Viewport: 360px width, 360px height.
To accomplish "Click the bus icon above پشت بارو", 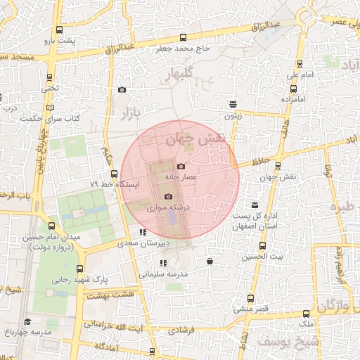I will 58,30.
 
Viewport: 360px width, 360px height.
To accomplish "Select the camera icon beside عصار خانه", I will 181,167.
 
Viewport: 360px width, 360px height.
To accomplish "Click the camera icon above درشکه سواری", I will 168,197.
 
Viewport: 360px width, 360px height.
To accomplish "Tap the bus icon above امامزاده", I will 293,89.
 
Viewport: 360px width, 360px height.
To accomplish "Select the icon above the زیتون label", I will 233,103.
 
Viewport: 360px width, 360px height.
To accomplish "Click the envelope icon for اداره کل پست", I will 255,205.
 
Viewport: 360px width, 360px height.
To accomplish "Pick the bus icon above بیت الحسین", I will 262,246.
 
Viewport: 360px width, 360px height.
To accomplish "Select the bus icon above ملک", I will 306,314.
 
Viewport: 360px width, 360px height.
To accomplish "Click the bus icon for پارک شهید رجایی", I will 79,268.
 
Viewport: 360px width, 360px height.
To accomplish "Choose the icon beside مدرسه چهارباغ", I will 27,321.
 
